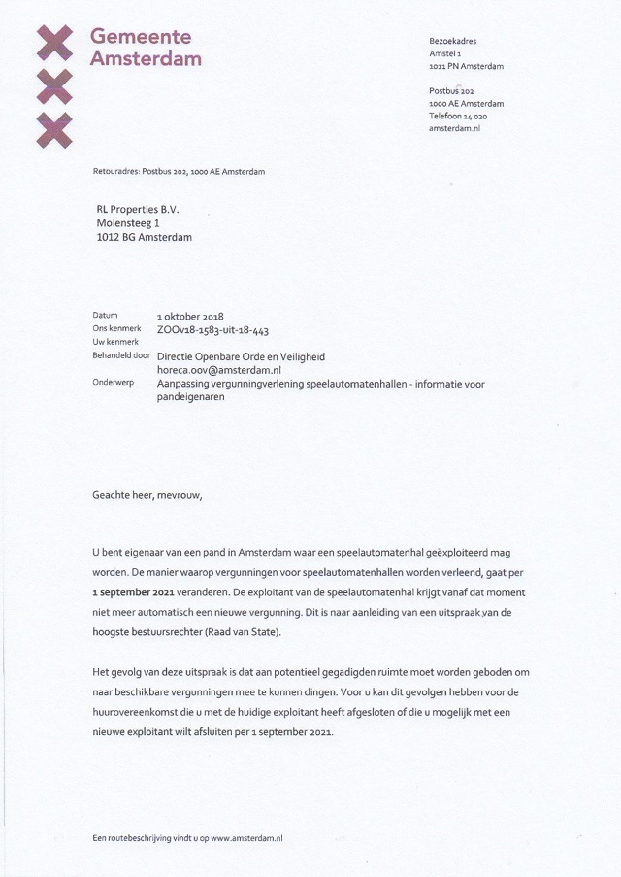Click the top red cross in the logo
54,42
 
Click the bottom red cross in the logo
54,129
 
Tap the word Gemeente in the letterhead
141,36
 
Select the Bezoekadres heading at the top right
453,41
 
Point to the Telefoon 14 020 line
458,116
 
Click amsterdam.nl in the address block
455,128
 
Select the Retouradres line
179,171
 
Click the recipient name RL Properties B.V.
138,209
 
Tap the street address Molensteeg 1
128,223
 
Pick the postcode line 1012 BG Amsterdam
144,238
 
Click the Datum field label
105,316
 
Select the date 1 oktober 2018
190,317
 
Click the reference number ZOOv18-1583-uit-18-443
212,330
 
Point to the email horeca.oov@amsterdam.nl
218,370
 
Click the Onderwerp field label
113,383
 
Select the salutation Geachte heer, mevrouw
148,494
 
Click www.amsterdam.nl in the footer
246,837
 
